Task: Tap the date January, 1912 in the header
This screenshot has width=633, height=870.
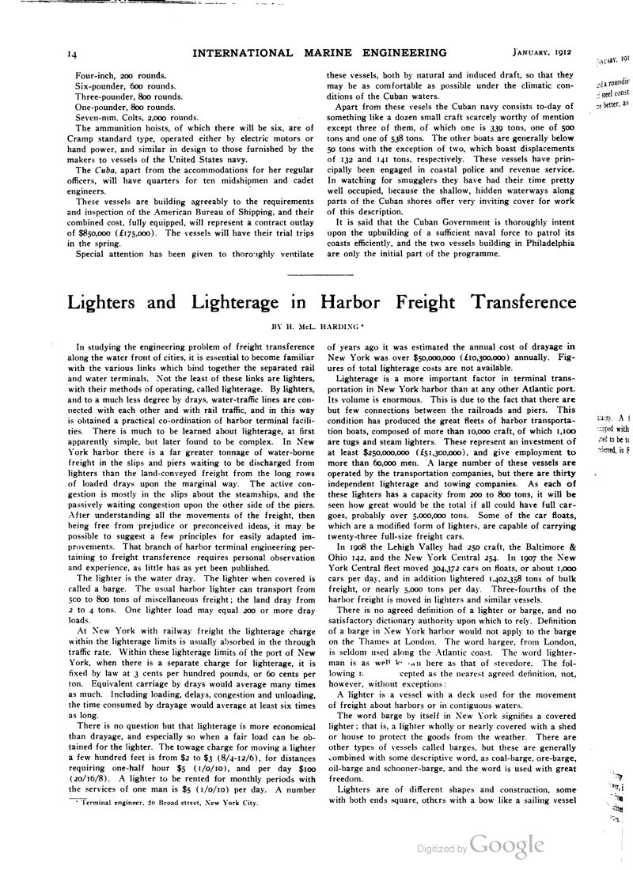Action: point(538,54)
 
